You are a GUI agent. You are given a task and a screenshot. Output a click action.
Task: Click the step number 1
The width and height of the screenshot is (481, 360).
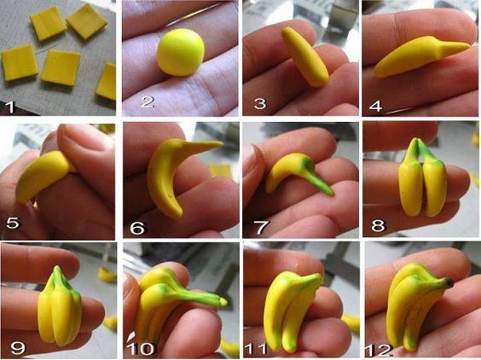pos(10,107)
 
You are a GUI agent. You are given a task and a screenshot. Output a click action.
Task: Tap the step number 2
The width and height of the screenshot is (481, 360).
pos(147,102)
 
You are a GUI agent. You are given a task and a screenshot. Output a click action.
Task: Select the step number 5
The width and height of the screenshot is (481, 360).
pos(13,223)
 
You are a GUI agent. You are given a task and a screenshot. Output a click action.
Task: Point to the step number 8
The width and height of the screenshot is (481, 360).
pos(378,225)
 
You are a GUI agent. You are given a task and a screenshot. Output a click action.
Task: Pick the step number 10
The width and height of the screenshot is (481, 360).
pos(140,349)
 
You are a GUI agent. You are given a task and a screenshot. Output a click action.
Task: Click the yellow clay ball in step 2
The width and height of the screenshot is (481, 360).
pos(181,52)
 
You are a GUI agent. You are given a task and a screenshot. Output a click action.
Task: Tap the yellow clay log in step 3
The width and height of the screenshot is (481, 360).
pos(305,57)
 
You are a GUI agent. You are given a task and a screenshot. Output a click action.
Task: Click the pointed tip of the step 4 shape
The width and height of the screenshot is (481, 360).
pos(468,46)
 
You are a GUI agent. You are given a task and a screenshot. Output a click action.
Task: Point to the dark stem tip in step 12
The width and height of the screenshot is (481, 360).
pos(449,282)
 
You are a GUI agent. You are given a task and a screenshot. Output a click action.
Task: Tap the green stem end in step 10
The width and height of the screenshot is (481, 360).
pos(223,302)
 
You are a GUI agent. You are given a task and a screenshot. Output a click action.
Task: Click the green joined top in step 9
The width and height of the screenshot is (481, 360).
pos(58,278)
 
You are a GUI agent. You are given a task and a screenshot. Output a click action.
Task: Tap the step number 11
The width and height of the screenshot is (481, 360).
pos(256,349)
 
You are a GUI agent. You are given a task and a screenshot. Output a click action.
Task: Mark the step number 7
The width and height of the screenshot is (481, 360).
pos(262,227)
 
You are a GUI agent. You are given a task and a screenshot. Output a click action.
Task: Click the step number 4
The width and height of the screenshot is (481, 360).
pos(375,106)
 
